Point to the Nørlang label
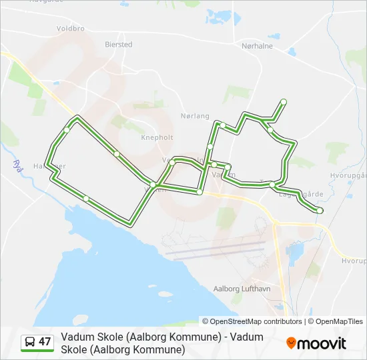click(195, 115)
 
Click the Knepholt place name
click(157, 138)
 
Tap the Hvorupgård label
click(349, 175)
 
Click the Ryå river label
click(19, 166)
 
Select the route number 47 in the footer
click(45, 342)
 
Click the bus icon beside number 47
click(30, 342)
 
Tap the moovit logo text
click(322, 343)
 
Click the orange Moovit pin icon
click(292, 343)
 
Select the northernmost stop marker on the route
click(284, 101)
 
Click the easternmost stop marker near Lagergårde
click(320, 211)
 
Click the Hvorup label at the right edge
click(354, 259)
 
